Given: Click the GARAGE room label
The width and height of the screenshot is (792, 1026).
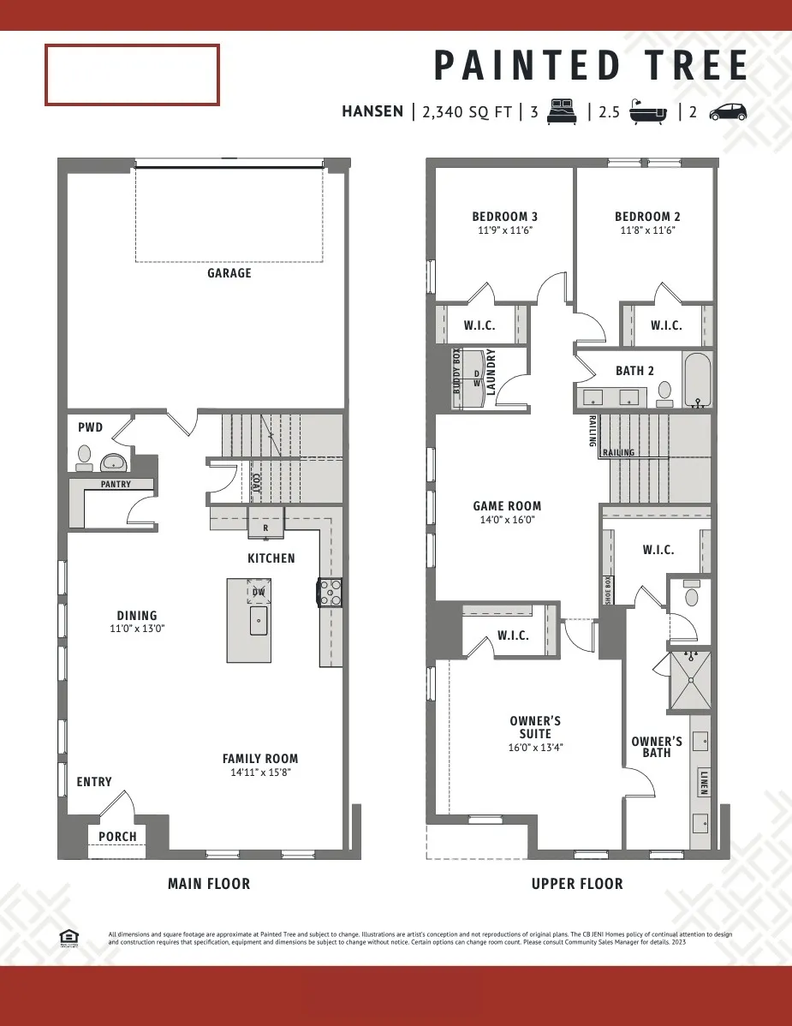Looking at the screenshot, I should pos(229,273).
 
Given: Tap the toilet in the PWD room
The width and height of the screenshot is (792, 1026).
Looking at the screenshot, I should pos(84,457).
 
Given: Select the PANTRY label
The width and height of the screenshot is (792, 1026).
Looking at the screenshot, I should pos(116,485).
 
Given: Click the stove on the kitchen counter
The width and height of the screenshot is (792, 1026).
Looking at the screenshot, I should pos(330,593).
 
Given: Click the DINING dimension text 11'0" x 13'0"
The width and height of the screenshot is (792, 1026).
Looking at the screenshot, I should pos(137,628).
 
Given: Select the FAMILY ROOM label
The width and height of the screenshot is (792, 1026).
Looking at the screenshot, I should pos(260,759).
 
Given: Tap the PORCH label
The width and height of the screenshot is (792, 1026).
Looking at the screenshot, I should pos(117,836).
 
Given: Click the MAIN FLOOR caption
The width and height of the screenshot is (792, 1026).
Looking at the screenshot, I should pos(209,884).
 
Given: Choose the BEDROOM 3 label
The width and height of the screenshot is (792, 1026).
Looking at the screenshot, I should pos(505,217).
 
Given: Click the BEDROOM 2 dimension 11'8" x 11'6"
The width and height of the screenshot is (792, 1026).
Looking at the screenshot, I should pos(647,230).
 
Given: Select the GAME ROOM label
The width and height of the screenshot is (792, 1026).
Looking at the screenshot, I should pos(507,506).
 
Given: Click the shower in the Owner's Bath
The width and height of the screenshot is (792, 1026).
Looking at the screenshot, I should pos(690,681).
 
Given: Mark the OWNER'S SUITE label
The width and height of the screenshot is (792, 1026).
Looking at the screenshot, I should pos(535,728).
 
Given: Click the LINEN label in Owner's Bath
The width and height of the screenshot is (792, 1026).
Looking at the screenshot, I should pos(704,781).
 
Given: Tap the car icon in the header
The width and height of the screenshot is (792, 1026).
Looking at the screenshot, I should pos(728,111).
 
